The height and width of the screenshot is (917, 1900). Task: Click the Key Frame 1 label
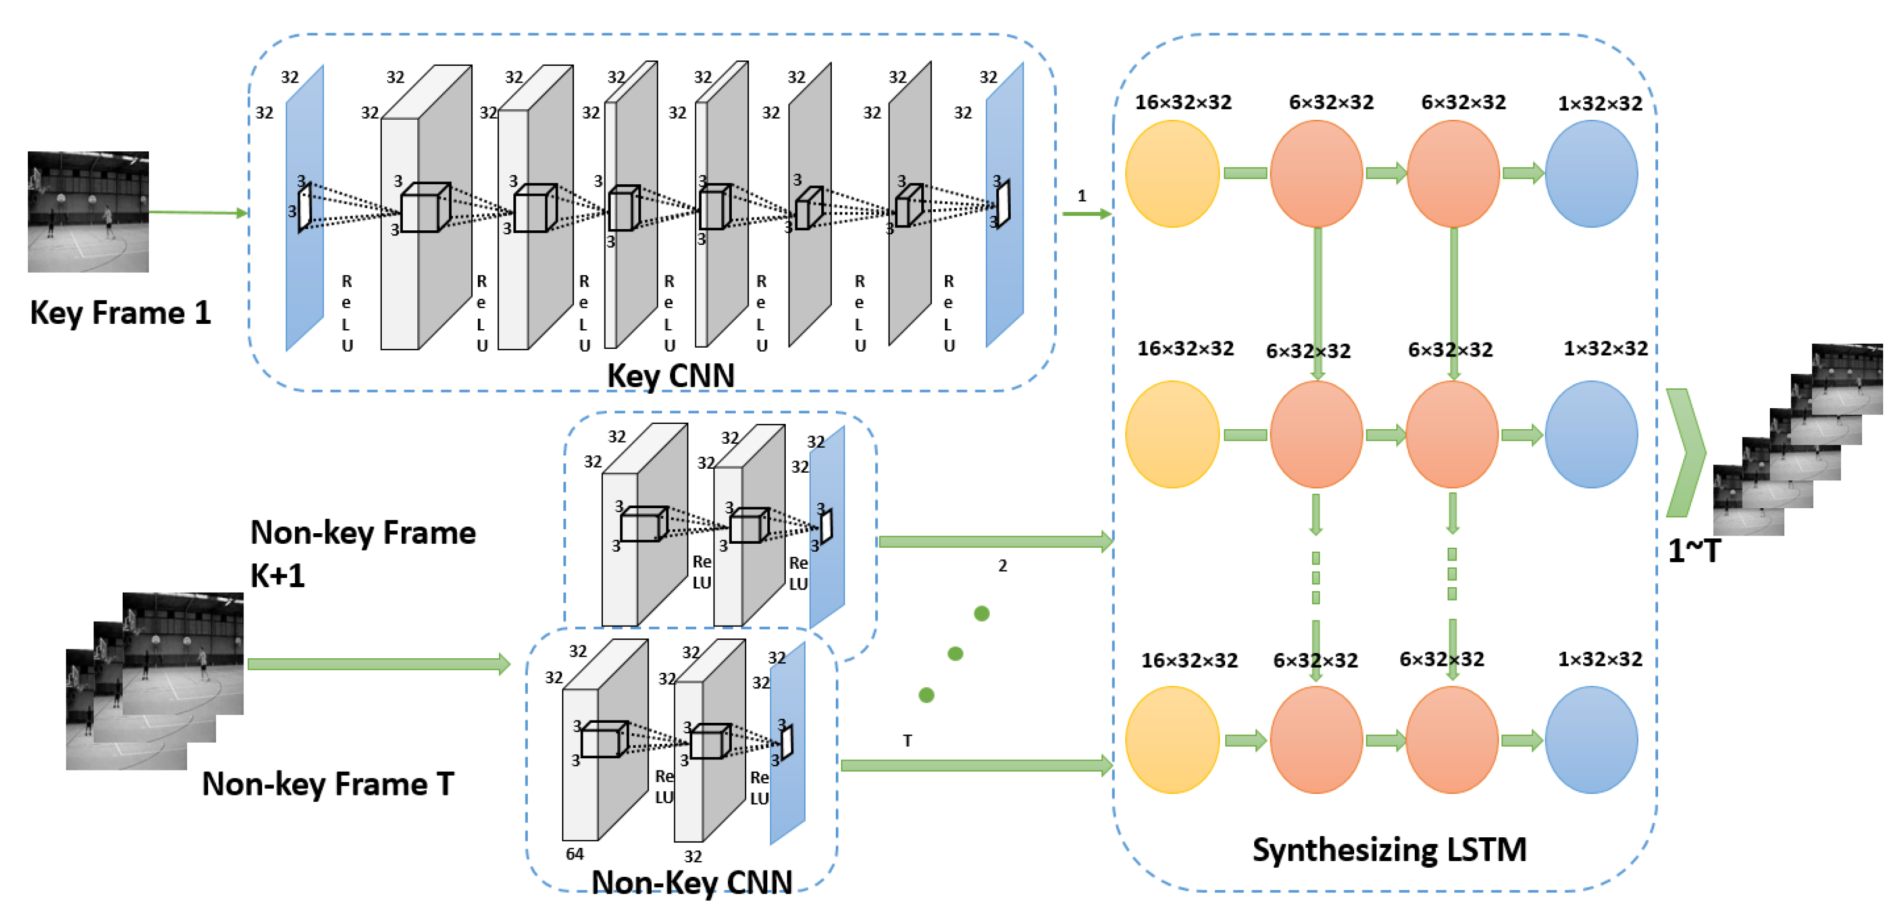click(x=120, y=313)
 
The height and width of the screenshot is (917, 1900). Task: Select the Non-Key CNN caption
click(x=691, y=882)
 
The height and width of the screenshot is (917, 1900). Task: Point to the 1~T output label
click(x=1694, y=550)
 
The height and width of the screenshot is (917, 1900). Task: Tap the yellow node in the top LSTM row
click(x=1171, y=173)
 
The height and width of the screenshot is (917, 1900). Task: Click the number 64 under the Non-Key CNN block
click(x=575, y=854)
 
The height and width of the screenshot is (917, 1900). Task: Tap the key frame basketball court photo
click(x=88, y=212)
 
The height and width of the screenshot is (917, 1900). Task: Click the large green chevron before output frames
click(x=1686, y=452)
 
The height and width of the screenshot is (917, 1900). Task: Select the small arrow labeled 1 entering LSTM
click(x=1086, y=214)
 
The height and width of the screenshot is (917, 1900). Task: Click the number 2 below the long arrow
click(x=1003, y=566)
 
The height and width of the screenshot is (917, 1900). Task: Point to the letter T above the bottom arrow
click(x=907, y=740)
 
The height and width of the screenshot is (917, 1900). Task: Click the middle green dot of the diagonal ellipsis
click(x=955, y=654)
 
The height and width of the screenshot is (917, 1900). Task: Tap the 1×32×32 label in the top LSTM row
click(x=1599, y=104)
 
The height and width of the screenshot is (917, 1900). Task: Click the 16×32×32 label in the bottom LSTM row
click(x=1189, y=660)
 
